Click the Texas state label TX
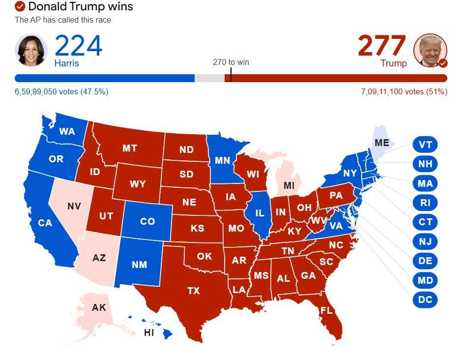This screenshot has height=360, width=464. [x=193, y=291]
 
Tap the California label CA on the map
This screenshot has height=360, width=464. [x=45, y=223]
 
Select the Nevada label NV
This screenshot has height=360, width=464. [x=74, y=206]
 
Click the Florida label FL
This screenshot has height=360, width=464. [x=326, y=310]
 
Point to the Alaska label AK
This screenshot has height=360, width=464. [x=99, y=307]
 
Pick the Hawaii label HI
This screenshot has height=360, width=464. [x=148, y=332]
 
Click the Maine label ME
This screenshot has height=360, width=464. [x=381, y=143]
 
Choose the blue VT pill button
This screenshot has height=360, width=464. [x=425, y=145]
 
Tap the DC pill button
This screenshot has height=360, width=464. [x=425, y=300]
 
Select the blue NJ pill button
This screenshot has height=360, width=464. [x=425, y=241]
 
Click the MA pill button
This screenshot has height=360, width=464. [x=425, y=183]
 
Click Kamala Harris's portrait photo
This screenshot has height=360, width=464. [x=31, y=50]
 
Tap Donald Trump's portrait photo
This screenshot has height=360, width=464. [x=430, y=50]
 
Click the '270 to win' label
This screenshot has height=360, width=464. [x=231, y=62]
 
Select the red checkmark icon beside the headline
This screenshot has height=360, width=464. [x=20, y=6]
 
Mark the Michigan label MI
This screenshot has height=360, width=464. [x=290, y=185]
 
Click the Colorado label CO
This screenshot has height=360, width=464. [x=147, y=221]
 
